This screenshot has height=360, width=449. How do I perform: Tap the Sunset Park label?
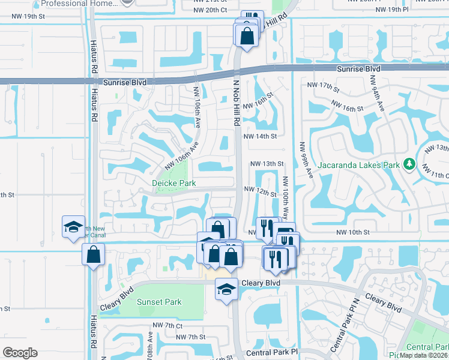click(x=158, y=301)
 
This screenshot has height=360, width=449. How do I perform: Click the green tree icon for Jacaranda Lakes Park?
click(x=409, y=164)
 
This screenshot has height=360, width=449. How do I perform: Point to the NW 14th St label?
click(x=259, y=136)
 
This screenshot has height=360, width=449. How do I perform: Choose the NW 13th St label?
click(x=266, y=163)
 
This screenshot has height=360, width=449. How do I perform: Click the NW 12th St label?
click(x=259, y=189)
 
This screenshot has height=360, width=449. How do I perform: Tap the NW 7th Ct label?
click(x=167, y=325)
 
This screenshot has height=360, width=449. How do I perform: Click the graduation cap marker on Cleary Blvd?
click(x=227, y=289)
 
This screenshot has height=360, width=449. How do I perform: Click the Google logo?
click(x=20, y=353)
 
